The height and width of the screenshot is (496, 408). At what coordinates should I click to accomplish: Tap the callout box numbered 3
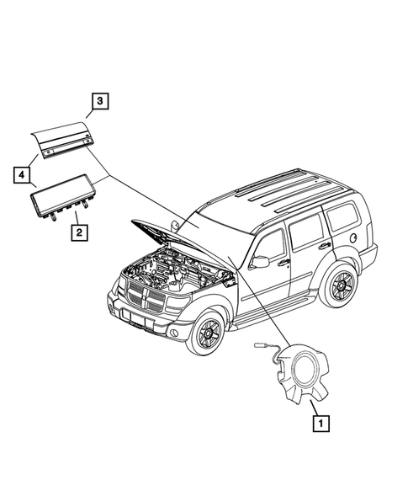point(99,103)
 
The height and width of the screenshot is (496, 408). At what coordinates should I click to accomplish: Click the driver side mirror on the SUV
point(261,262)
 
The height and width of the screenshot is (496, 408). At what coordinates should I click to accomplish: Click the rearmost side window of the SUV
point(342,217)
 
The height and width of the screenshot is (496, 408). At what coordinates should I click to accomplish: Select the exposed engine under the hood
point(168,279)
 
